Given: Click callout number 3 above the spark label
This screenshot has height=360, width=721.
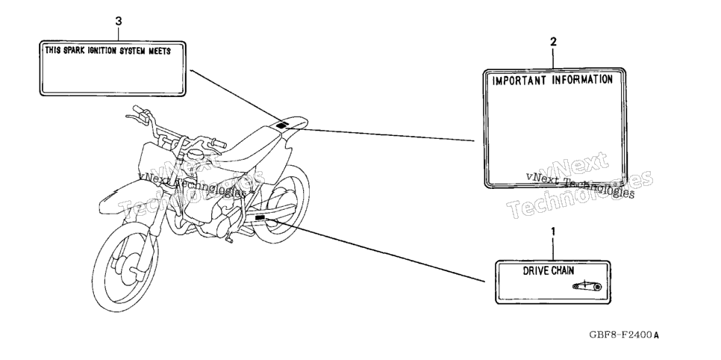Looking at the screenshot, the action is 119,21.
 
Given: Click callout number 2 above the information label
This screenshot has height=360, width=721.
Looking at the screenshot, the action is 554,42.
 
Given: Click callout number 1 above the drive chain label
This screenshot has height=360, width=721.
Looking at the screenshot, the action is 553,231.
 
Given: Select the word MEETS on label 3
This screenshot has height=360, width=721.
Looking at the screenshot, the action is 159,51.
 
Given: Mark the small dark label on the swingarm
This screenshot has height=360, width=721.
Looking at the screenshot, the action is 260,217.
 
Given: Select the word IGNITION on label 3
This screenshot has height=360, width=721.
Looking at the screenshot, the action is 102,51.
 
